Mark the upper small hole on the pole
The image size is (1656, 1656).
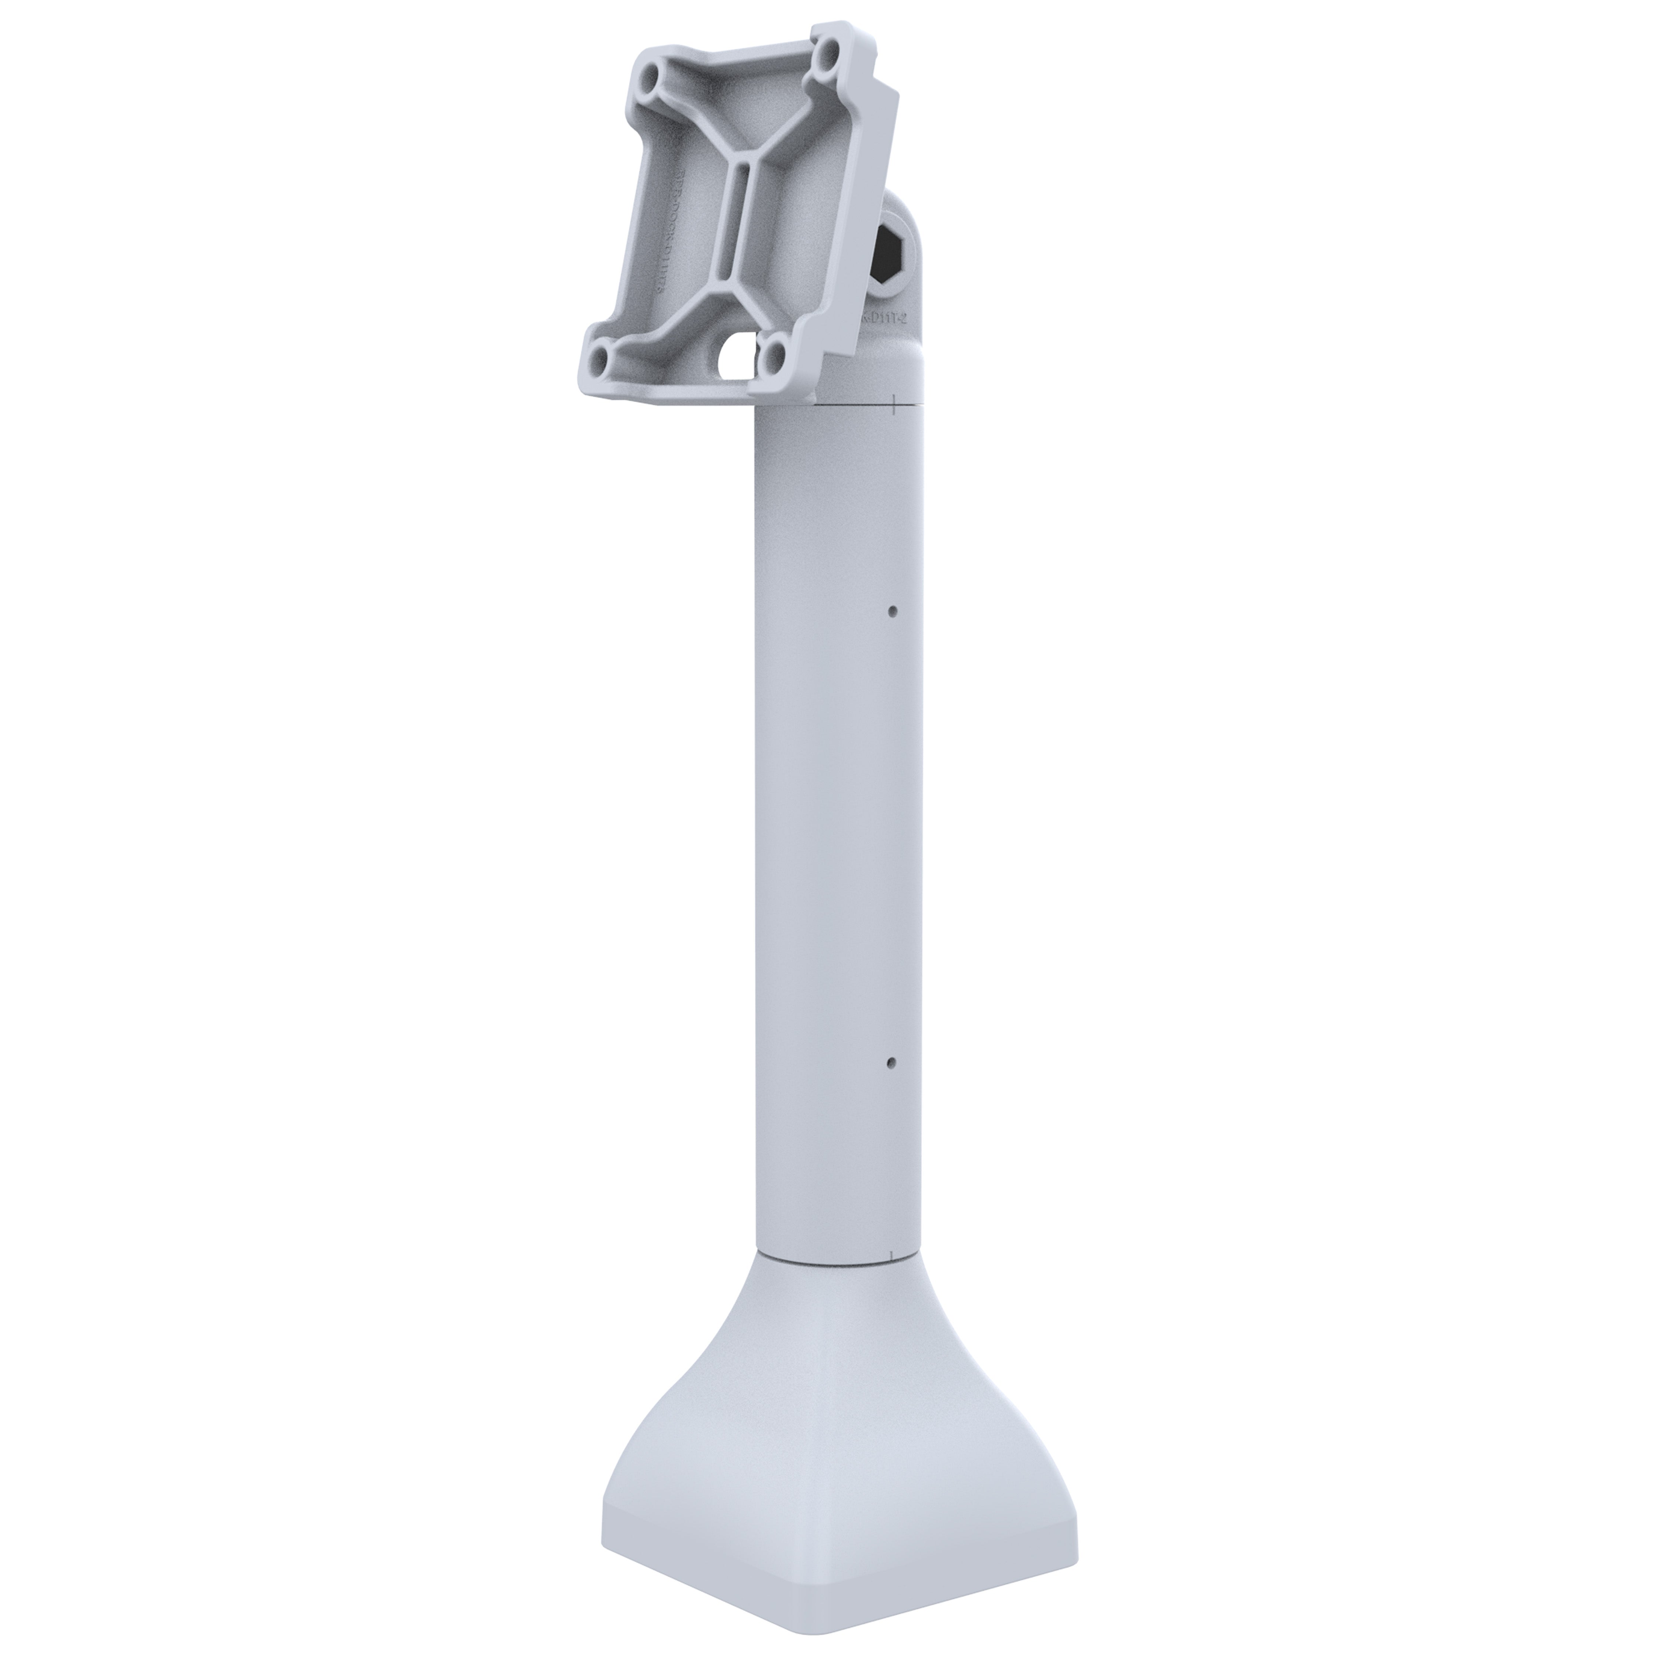(x=892, y=612)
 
